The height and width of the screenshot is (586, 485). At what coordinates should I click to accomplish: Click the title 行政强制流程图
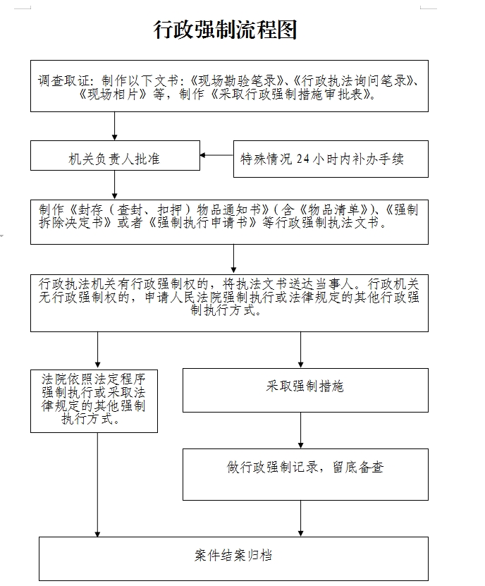pos(226,30)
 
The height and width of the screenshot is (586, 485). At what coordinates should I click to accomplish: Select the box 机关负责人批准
pos(115,158)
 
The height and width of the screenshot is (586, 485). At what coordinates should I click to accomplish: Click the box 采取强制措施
pos(305,387)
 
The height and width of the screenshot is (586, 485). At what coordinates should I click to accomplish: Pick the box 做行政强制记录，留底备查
pos(305,468)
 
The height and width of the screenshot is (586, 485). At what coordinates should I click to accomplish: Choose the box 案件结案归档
pos(233,556)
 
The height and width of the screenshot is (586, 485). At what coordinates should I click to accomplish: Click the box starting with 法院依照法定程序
pos(94,399)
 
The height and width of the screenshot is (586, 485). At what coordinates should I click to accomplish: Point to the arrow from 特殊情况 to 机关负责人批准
pos(216,155)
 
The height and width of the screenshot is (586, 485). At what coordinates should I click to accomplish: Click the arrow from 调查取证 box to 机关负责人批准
pos(115,126)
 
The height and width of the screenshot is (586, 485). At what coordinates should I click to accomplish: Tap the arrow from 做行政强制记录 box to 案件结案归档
pos(301,518)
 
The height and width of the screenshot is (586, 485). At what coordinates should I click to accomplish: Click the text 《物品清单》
pos(335,209)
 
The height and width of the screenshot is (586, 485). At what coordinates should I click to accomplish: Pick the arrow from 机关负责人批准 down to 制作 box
pos(115,186)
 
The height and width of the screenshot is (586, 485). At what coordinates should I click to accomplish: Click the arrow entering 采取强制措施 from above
pos(301,350)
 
